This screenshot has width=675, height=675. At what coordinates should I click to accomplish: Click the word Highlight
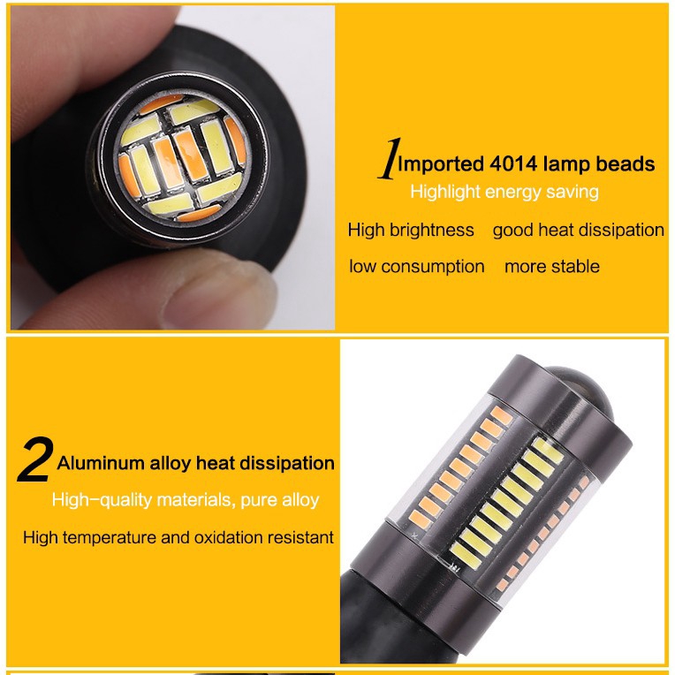click(x=444, y=191)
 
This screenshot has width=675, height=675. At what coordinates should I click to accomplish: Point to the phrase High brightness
click(x=411, y=230)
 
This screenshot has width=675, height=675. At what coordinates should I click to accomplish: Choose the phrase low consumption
click(x=416, y=266)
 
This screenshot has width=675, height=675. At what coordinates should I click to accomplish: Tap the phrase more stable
click(x=551, y=266)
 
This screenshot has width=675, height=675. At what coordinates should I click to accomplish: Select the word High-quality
click(x=102, y=500)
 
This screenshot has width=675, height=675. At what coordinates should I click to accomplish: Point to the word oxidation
click(x=219, y=536)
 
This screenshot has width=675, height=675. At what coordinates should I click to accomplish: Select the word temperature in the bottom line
click(x=110, y=536)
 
